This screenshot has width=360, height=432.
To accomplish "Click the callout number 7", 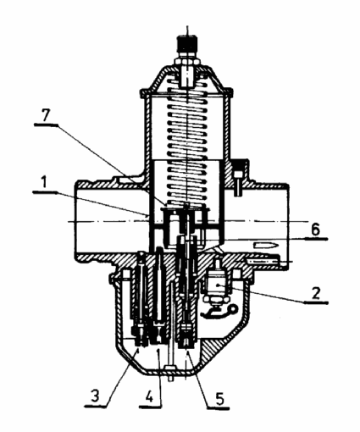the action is (46, 115).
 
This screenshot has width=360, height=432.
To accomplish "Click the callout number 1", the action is (43, 183).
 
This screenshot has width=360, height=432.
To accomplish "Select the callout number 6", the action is (315, 229).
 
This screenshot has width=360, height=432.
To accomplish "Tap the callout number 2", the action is (316, 293).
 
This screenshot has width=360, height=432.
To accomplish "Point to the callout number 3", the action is (95, 396).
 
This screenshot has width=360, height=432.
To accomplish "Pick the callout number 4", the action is (149, 397).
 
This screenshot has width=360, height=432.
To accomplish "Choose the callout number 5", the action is (219, 399).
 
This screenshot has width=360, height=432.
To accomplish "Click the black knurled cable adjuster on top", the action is (187, 44).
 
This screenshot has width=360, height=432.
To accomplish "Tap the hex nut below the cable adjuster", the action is (187, 61).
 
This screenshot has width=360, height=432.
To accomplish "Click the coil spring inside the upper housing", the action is (187, 142).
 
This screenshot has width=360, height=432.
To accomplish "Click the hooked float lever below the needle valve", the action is (218, 311).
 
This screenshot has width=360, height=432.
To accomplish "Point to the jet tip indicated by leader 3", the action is (139, 337).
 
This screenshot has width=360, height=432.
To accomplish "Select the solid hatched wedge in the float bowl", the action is (211, 353).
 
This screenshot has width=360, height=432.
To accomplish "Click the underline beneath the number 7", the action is (46, 125).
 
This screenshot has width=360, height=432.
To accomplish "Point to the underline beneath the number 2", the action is (316, 302).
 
